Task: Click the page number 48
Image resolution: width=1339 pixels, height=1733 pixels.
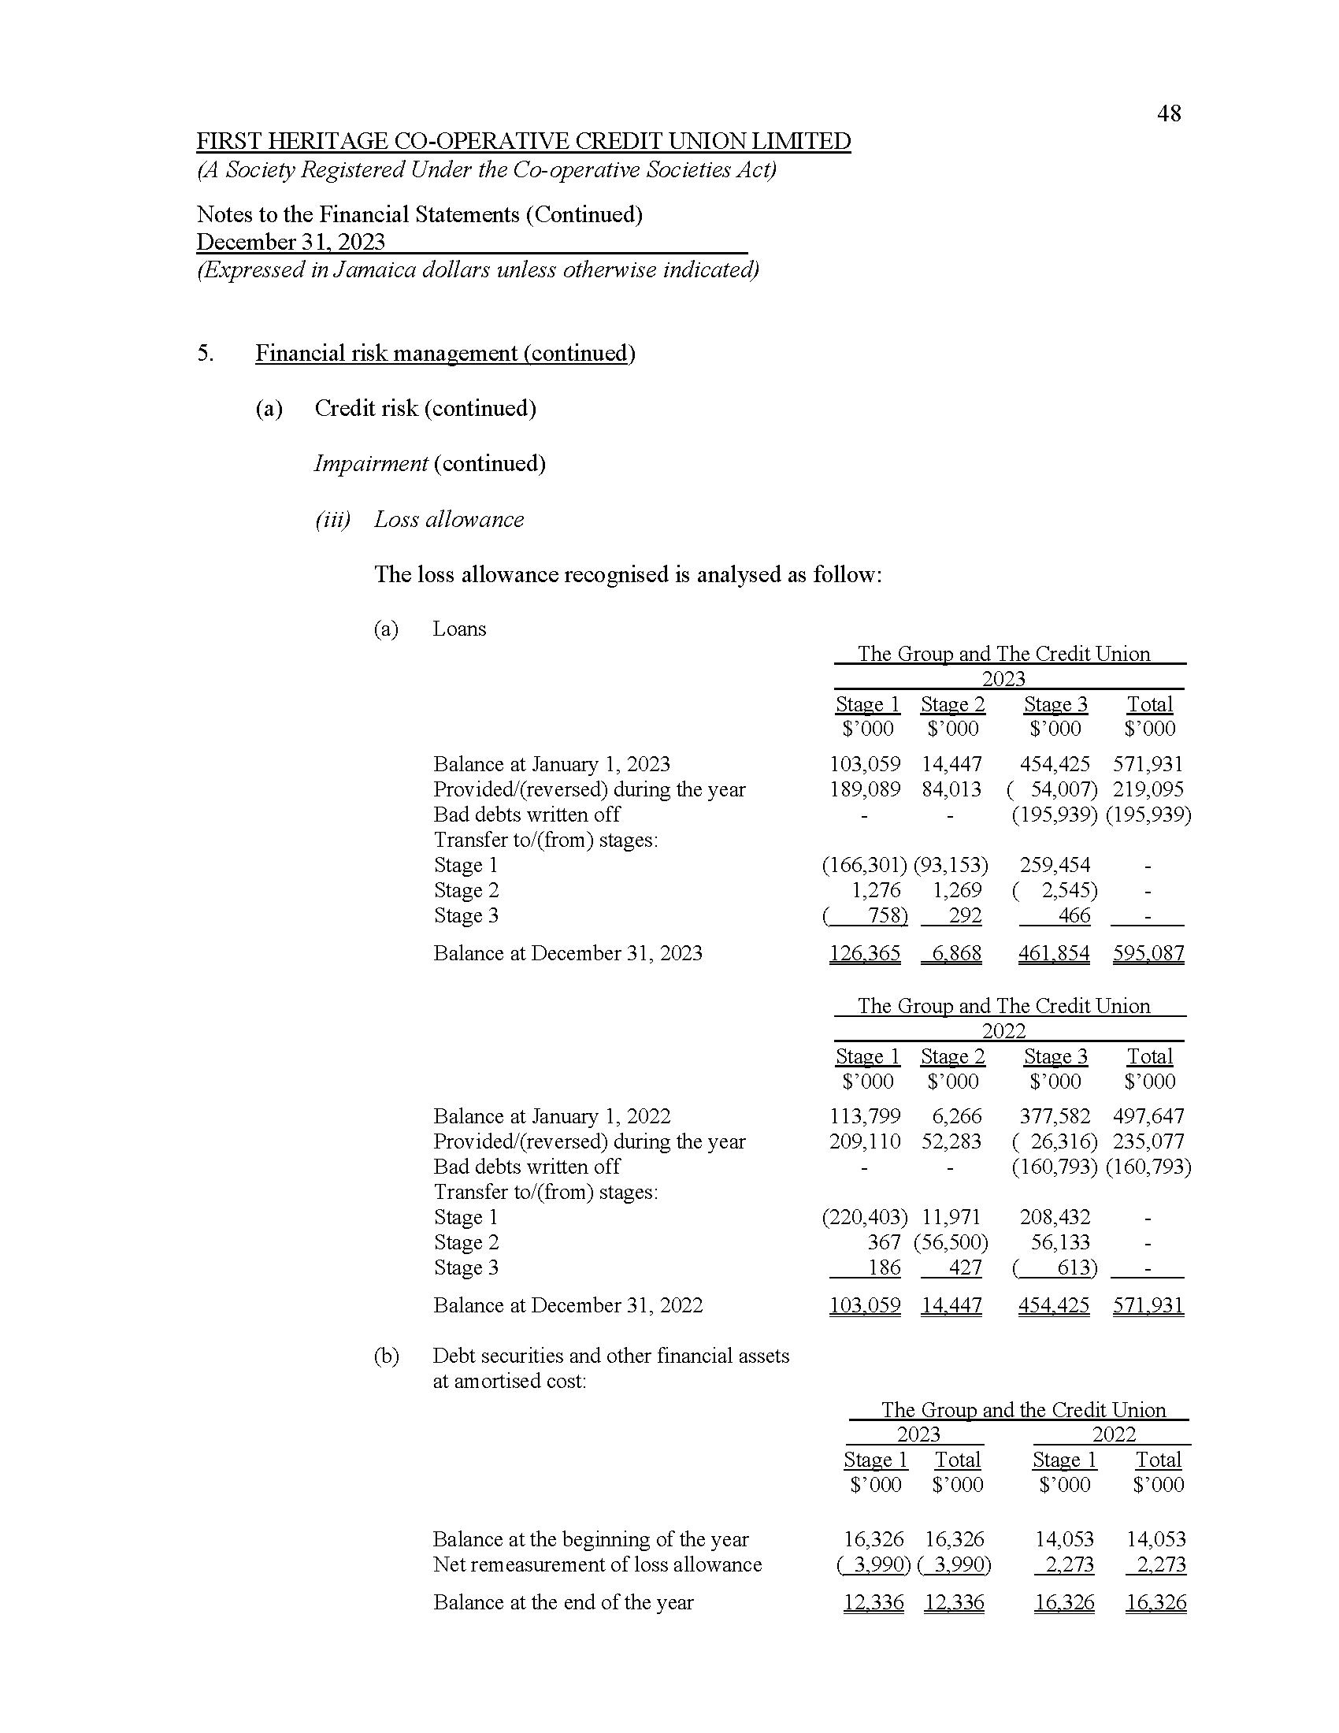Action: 1168,114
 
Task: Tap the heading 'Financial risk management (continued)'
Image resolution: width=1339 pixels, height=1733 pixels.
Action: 445,353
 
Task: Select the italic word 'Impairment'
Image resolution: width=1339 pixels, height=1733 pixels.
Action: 370,463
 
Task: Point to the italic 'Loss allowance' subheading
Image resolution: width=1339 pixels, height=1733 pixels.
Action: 449,520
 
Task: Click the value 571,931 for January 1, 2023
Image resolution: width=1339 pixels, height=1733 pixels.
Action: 1147,764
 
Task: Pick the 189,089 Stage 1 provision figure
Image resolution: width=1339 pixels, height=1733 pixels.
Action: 865,789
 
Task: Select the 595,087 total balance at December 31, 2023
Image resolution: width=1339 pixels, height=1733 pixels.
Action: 1148,953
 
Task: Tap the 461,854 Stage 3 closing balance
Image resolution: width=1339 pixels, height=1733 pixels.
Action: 1054,953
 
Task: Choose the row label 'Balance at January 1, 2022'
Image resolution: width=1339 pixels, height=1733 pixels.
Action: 551,1116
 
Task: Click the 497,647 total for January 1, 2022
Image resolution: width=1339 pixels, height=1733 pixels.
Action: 1148,1116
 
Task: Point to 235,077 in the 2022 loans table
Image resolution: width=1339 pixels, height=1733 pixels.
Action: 1148,1142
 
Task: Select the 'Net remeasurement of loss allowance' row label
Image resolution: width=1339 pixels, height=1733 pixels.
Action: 596,1564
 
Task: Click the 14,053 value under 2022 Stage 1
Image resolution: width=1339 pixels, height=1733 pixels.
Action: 1064,1539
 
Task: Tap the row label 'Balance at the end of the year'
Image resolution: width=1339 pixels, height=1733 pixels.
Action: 563,1602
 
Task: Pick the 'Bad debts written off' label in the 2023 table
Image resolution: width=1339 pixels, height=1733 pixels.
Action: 527,815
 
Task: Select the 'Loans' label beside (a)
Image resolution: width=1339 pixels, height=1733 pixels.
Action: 459,629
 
